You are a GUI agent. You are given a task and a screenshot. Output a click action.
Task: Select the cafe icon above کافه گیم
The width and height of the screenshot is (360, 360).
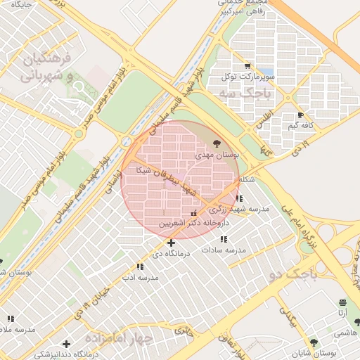point(301,115)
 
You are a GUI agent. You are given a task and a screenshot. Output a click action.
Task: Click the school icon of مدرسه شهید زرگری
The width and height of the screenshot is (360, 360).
point(240,199)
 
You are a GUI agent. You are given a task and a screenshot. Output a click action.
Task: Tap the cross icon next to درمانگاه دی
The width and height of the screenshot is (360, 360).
point(172,243)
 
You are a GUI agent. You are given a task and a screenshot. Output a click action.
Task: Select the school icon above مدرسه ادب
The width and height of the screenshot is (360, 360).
point(140,267)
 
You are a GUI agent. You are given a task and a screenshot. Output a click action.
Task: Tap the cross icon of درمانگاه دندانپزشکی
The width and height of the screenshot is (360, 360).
point(66,344)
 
